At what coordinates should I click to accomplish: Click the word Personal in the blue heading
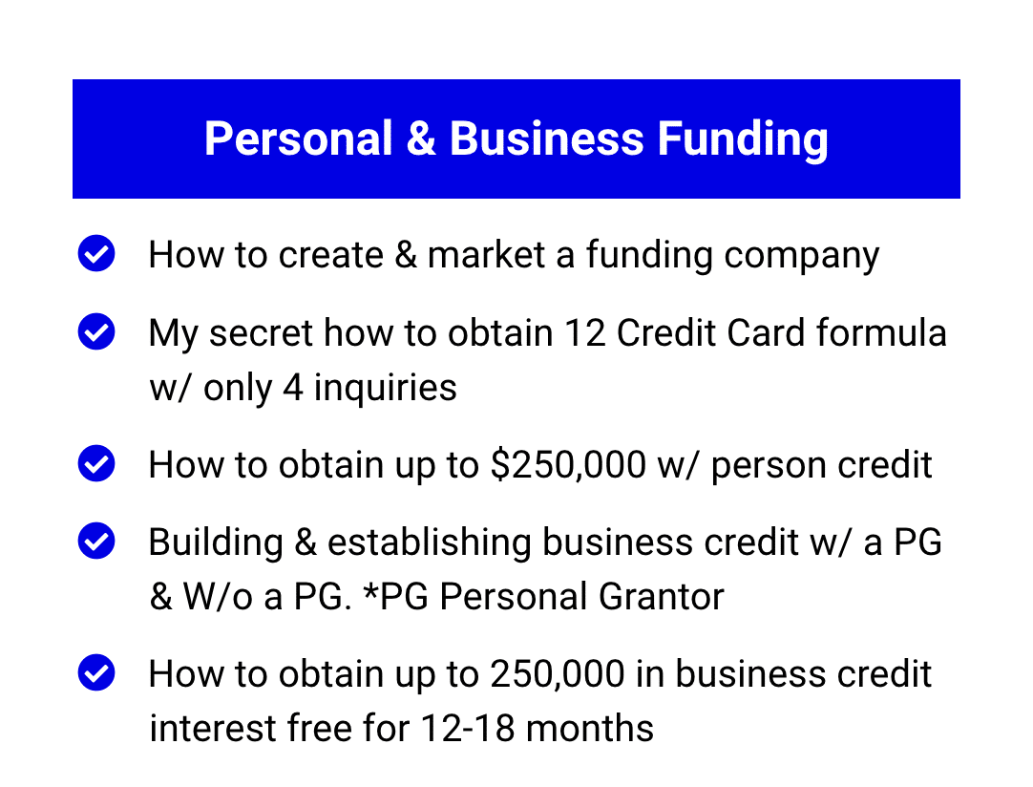(x=299, y=138)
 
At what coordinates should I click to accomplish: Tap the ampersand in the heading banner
(x=421, y=138)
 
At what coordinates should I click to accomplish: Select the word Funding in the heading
(x=743, y=140)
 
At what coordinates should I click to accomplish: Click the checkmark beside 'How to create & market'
(x=96, y=253)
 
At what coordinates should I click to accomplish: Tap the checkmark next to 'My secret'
(x=96, y=330)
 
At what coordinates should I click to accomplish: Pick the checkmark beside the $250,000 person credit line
(x=96, y=462)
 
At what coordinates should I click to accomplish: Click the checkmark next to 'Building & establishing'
(x=96, y=541)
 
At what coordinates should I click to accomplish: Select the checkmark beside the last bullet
(x=96, y=672)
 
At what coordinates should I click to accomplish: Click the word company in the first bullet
(x=801, y=256)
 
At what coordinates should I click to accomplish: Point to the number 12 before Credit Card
(x=585, y=332)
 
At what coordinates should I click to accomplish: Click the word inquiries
(x=385, y=388)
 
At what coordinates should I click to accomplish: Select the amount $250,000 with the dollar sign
(x=569, y=465)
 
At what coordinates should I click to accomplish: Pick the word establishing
(x=429, y=543)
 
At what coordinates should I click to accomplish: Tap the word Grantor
(x=662, y=597)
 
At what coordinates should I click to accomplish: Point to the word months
(x=590, y=729)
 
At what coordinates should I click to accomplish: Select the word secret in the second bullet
(x=261, y=333)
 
